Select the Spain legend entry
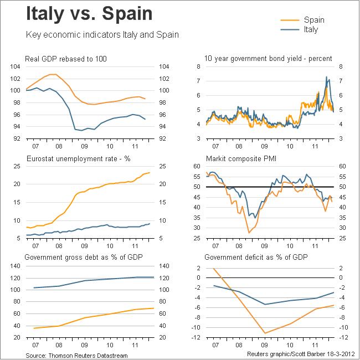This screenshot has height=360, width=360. [x=314, y=20]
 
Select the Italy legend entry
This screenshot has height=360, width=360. [x=311, y=29]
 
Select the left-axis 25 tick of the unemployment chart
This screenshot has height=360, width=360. [x=17, y=166]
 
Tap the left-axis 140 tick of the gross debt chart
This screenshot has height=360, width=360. [x=16, y=266]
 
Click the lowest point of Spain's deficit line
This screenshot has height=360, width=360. [x=266, y=333]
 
